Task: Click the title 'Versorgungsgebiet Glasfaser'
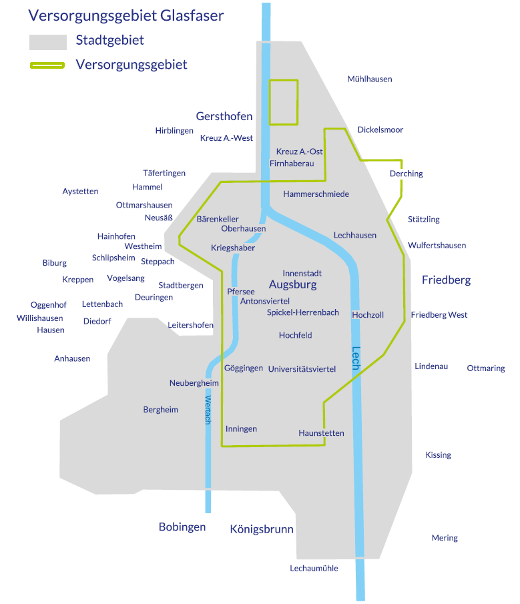point(126,15)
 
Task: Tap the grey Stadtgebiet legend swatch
point(48,42)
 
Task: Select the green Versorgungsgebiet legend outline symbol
point(47,65)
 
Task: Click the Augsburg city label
point(292,285)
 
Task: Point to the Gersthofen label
point(224,116)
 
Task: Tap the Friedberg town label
point(446,280)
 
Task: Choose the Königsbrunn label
point(262,529)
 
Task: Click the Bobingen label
point(182,527)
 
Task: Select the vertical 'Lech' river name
point(356,360)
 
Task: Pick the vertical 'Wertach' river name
point(208,410)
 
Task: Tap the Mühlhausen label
point(370,79)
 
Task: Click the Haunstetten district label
point(321,433)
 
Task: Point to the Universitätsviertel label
point(302,368)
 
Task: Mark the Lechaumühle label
point(314,568)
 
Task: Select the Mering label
point(445,538)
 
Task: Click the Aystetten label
point(80,192)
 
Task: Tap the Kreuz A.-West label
point(226,138)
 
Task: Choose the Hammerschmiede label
point(316,194)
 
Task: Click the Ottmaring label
point(486,368)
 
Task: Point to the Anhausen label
point(72,358)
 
